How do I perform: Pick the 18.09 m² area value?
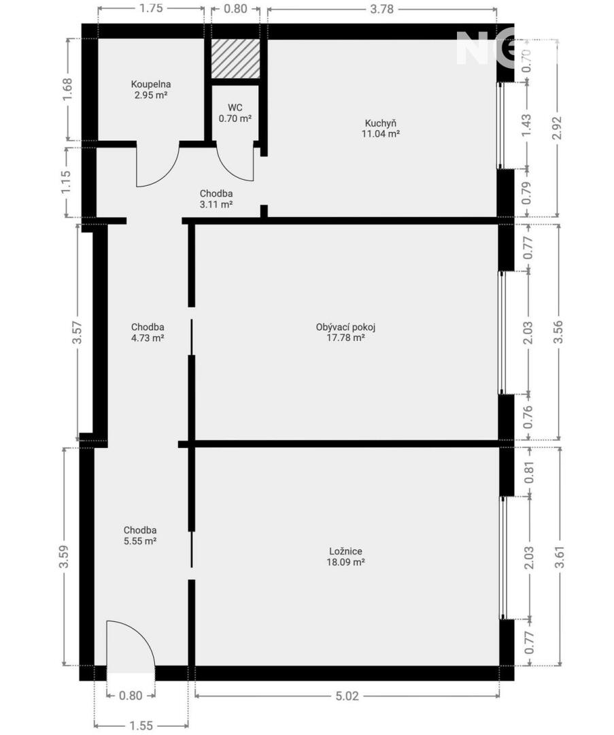[x=345, y=562]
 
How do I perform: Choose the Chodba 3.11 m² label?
[x=216, y=199]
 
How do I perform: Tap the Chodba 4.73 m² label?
[x=148, y=332]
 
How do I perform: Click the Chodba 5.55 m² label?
[x=140, y=536]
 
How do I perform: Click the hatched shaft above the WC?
[x=235, y=59]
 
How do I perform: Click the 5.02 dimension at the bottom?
[x=347, y=696]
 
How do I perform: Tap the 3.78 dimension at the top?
[x=381, y=9]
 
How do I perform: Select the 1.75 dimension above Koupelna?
[x=151, y=8]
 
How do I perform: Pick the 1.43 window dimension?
[x=527, y=126]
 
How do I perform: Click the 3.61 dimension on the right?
[x=559, y=556]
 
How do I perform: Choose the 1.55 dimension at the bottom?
[x=141, y=725]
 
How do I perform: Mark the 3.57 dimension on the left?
[x=78, y=332]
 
